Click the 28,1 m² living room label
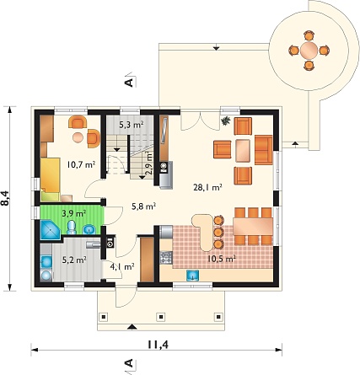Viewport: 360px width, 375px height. point(208,187)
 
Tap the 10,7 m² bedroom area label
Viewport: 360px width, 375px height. point(81,164)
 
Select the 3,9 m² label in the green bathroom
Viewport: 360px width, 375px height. point(73,213)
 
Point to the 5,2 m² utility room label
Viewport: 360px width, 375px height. point(73,260)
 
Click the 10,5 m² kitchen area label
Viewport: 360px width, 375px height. point(222,259)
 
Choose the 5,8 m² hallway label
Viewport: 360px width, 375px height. point(144,206)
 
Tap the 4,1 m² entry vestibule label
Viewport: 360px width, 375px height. point(122,266)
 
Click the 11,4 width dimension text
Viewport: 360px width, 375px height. point(157,345)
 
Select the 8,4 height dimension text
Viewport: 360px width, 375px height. point(5,199)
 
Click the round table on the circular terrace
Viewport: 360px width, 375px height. point(309,51)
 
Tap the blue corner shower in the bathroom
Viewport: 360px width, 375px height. point(50,230)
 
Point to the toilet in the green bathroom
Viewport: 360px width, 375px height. point(72,228)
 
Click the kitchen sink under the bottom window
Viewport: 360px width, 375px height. point(193,276)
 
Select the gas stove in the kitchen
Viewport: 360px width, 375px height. point(166,258)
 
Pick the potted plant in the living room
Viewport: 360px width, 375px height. point(226,121)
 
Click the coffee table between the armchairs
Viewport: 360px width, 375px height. point(243,151)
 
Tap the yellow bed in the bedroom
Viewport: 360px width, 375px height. point(50,179)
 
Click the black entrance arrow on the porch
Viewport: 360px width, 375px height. point(132,327)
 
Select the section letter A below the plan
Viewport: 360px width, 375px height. point(128,363)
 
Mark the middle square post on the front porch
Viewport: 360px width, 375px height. point(161,317)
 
